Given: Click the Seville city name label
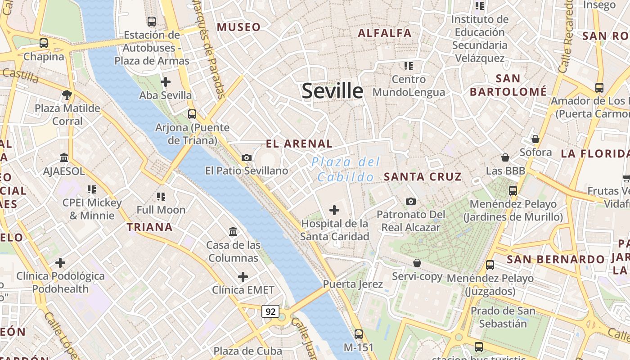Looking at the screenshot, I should pos(332,91).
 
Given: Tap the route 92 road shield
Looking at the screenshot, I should pos(270,311).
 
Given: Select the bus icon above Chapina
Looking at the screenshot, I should pos(43,43).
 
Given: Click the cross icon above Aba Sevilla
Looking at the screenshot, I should pos(166,82).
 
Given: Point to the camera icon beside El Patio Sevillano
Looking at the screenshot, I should pos(247,157).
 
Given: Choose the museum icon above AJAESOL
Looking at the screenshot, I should pos(64,158).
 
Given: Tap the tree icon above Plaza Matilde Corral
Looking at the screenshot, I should pos(67,94).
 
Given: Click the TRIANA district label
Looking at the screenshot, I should pos(150,227).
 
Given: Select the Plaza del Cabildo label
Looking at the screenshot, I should pos(346,169).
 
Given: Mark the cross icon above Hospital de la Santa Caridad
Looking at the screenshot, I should pos(334,210).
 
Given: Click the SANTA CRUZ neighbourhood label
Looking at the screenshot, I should pos(423,177).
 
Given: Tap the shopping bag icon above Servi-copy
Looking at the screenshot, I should pos(417,263).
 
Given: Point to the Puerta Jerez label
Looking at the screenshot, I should pos(353,284).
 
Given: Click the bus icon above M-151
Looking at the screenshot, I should pos(359,334).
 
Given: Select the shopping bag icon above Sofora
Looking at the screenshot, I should pos(535,139).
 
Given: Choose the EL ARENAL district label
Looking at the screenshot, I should pos(299,144).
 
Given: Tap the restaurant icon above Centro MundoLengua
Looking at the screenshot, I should pos(409,66).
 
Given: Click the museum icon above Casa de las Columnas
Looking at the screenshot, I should pos(234,232).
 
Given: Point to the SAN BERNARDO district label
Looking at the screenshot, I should pos(556,260).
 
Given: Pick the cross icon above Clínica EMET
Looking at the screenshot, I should pos(243,276).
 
